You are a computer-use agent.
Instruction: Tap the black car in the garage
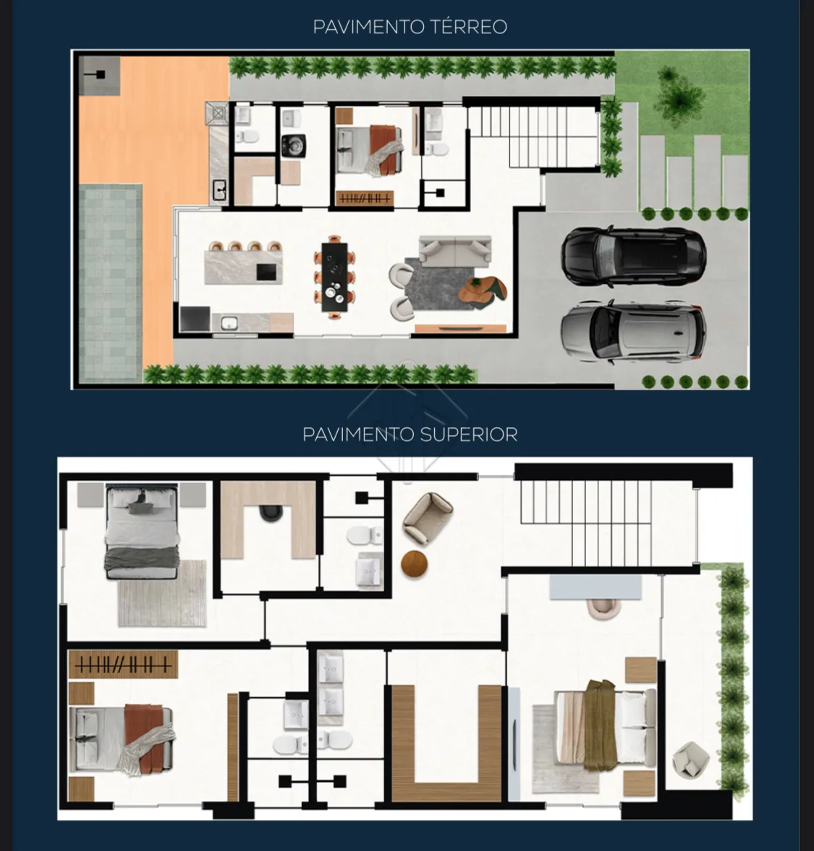click(633, 255)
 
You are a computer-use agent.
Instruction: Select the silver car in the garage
click(632, 332)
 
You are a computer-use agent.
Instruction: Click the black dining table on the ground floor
click(334, 277)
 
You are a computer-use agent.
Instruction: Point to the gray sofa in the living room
click(455, 251)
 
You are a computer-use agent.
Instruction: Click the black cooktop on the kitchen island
click(266, 272)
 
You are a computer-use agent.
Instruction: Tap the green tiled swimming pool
click(111, 282)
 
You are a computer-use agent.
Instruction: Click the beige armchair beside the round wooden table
click(427, 517)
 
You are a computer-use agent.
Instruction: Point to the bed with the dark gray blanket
click(141, 533)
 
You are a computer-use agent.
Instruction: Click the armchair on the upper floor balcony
click(690, 759)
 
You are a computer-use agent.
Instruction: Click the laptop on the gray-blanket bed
click(141, 499)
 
